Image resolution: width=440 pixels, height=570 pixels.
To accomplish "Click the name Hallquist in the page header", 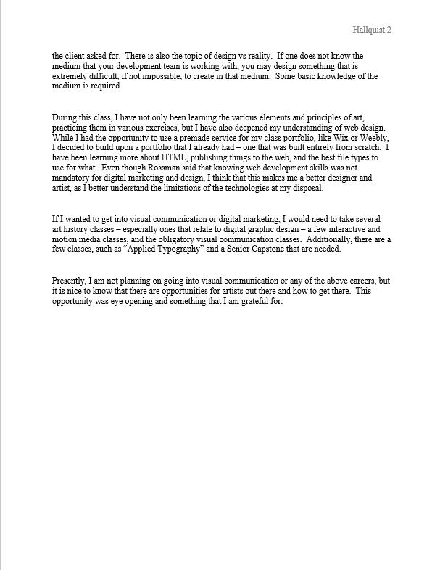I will pos(365,30).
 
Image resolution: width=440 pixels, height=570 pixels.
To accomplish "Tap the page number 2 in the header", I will pos(389,30).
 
